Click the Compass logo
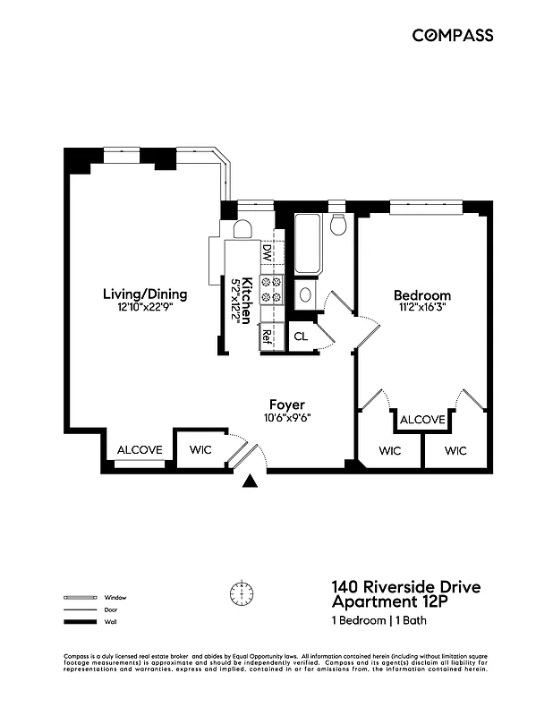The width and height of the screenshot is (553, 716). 452,35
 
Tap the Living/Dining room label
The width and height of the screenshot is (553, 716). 144,294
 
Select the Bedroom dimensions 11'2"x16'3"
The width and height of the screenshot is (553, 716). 421,307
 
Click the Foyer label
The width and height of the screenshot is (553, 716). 286,405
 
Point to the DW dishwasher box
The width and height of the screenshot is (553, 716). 267,253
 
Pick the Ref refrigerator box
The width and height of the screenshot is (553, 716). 267,337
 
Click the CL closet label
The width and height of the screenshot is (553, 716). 301,337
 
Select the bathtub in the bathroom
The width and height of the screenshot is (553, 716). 307,244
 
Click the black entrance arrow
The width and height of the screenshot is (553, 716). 251,482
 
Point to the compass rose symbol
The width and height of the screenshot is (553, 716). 242,592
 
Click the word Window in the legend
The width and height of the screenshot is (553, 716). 115,597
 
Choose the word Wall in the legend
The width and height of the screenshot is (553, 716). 110,621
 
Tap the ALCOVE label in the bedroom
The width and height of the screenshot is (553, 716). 422,420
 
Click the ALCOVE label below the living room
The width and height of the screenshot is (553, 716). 140,449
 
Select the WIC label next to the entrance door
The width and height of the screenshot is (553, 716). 200,449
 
